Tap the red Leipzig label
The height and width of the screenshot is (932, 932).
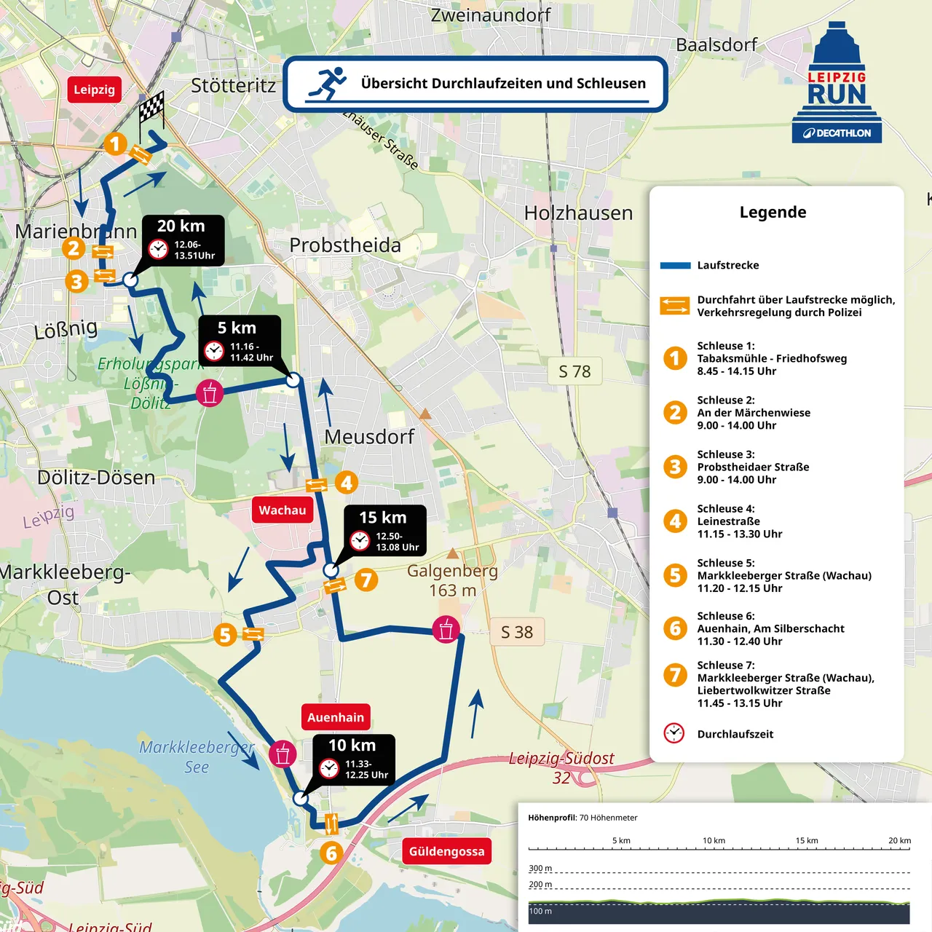[x=94, y=90]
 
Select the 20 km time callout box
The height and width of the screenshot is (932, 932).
[x=183, y=240]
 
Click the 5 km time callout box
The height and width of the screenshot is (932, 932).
[x=240, y=340]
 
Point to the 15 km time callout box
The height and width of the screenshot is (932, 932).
[x=384, y=530]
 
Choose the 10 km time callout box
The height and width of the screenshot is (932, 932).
[x=354, y=759]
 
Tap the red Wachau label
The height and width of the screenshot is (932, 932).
[x=283, y=510]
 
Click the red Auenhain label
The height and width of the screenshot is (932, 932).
[x=336, y=717]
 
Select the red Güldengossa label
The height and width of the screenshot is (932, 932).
[x=446, y=851]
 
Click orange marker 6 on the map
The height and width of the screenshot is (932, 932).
[x=331, y=853]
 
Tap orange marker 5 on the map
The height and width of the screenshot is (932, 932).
[x=225, y=635]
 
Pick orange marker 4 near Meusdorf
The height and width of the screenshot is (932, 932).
[x=347, y=482]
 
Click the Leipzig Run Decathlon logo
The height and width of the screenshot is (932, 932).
[x=837, y=83]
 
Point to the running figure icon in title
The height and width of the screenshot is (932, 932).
[x=328, y=84]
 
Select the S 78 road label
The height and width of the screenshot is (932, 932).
[x=574, y=371]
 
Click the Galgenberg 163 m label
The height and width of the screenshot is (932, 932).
[x=452, y=580]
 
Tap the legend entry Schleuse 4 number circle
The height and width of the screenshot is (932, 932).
[x=675, y=521]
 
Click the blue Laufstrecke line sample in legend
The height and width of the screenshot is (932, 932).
[x=675, y=266]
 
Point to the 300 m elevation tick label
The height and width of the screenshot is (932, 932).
[x=540, y=868]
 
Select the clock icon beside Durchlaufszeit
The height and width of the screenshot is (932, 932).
[x=674, y=733]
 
